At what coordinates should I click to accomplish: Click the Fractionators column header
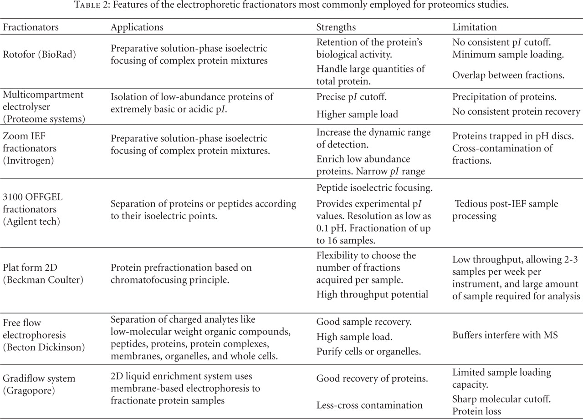click(x=31, y=27)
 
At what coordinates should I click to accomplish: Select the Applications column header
click(x=137, y=27)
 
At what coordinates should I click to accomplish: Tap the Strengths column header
click(x=336, y=27)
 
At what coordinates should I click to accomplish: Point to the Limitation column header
click(x=474, y=27)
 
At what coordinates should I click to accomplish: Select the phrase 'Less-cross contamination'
click(x=369, y=404)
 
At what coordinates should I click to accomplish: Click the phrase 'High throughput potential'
click(x=372, y=294)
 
